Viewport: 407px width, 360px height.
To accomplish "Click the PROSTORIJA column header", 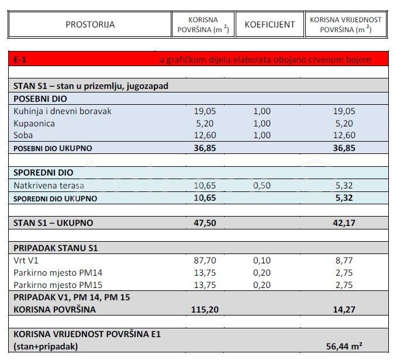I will (x=90, y=25).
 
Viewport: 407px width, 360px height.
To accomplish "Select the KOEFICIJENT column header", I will (x=270, y=25).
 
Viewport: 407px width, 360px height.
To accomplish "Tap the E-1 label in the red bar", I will (x=20, y=60).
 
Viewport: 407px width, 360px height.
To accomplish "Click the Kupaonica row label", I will (x=34, y=124).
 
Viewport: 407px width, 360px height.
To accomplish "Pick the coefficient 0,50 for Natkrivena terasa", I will (x=262, y=186).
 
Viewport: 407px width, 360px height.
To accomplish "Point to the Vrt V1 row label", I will (x=26, y=260).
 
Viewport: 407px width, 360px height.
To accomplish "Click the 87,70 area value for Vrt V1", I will (x=205, y=260).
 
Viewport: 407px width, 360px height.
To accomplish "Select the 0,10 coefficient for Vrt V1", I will (x=262, y=260).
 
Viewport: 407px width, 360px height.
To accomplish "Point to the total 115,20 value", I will (x=204, y=310).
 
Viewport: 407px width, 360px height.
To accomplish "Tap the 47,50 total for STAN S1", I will (x=205, y=223).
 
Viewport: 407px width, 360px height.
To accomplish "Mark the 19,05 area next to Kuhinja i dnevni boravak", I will (x=205, y=111).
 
